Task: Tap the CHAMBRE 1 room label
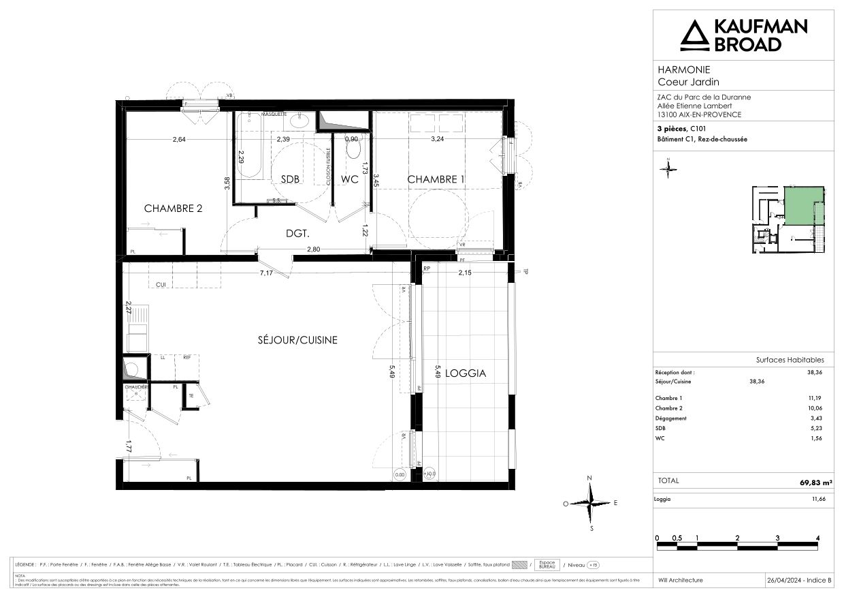(441, 179)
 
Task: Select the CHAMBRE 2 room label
(173, 209)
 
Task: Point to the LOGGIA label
(464, 373)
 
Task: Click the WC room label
(350, 179)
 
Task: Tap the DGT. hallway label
(297, 233)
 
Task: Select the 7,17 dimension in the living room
(265, 273)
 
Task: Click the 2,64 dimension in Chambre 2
(179, 140)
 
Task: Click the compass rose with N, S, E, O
(590, 503)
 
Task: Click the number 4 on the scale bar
(817, 538)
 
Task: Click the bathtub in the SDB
(249, 147)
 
